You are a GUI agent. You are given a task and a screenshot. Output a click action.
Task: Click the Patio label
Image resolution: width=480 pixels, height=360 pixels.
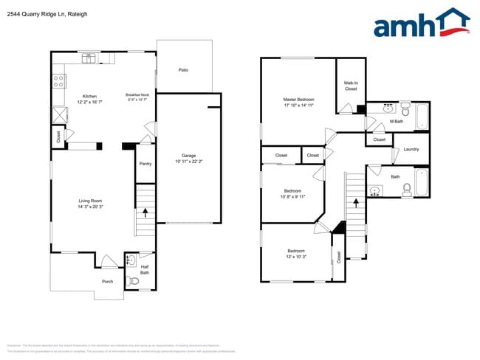tap(183, 70)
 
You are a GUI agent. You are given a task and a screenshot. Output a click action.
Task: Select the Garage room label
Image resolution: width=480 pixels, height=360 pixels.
tap(189, 156)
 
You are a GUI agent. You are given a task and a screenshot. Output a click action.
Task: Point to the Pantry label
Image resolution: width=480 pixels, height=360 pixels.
tap(145, 163)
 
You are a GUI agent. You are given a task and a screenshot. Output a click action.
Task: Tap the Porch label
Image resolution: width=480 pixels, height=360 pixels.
tap(108, 282)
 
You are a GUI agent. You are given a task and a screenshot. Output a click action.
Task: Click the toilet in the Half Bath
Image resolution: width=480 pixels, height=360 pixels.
tap(134, 280)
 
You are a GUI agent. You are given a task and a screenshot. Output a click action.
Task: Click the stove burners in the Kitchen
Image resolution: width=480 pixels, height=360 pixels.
tap(58, 81)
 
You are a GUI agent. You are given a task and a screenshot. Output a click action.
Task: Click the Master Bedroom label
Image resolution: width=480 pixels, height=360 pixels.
tap(299, 100)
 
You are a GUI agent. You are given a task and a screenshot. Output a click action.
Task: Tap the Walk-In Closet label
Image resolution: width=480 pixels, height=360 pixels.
tap(351, 86)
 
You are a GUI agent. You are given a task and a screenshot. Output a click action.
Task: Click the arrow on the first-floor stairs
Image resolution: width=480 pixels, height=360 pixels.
tap(145, 212)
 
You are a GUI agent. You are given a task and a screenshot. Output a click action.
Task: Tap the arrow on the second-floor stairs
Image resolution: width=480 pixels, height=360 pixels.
tap(356, 200)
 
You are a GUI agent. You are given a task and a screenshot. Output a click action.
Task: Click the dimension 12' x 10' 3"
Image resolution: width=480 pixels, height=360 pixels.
tap(296, 257)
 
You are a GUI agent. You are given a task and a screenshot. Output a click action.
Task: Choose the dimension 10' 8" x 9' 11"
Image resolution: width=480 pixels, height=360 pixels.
tap(293, 197)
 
